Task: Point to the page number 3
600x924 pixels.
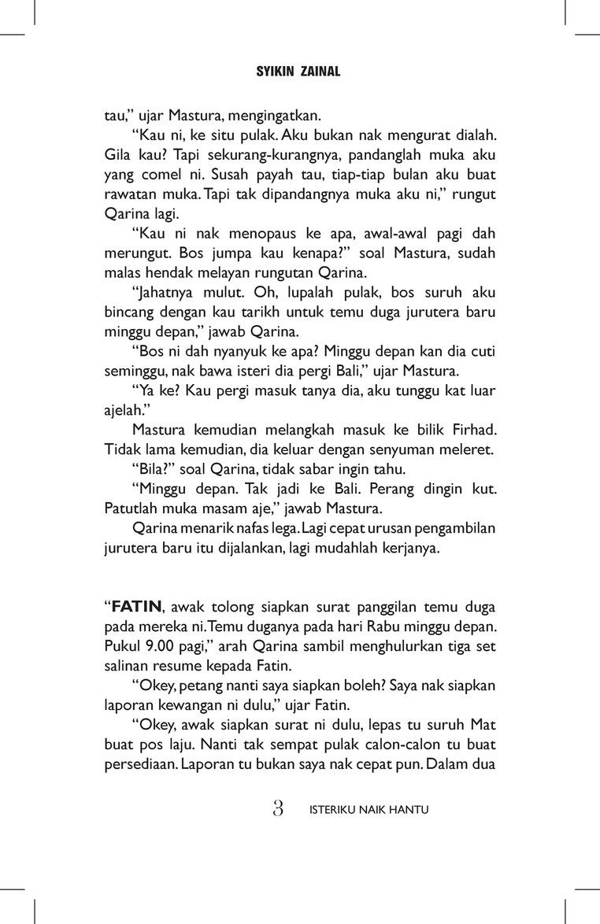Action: click(x=278, y=808)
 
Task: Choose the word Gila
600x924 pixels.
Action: click(x=118, y=155)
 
